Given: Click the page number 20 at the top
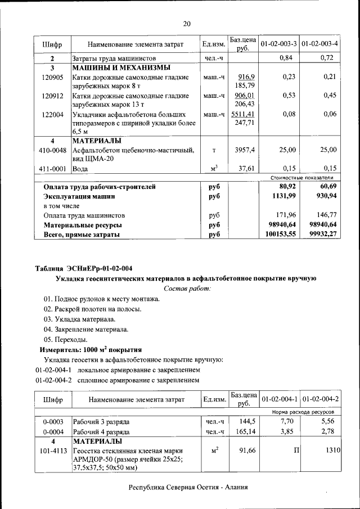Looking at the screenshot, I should pyautogui.click(x=187, y=23).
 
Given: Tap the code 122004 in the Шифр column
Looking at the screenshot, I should pyautogui.click(x=52, y=114).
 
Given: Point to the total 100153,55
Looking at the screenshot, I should pyautogui.click(x=281, y=235).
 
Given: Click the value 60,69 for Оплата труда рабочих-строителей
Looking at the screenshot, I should pyautogui.click(x=326, y=186).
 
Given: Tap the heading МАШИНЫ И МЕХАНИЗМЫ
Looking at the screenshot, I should pyautogui.click(x=121, y=67).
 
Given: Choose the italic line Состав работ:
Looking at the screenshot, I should pyautogui.click(x=187, y=288).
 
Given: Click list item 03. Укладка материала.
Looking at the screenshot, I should pyautogui.click(x=79, y=319).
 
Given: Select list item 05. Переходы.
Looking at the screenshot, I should pyautogui.click(x=65, y=339).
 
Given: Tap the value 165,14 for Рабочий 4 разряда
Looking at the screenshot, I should pyautogui.click(x=246, y=432).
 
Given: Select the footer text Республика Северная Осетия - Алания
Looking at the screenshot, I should pyautogui.click(x=188, y=488).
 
